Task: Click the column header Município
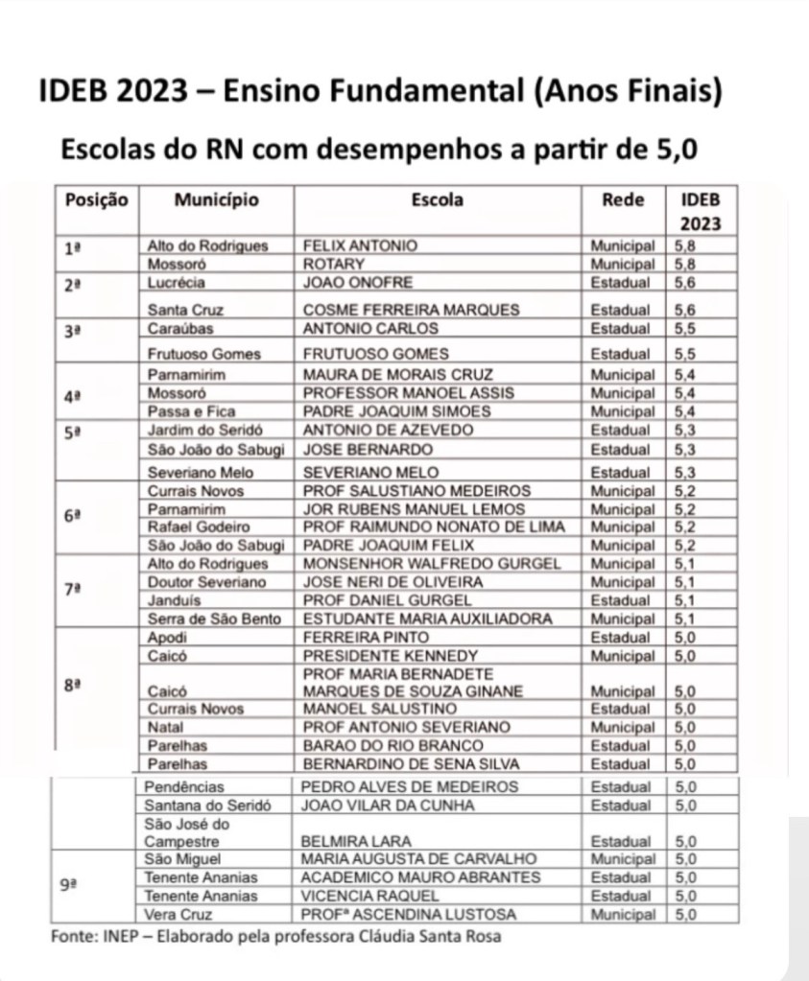coord(216,200)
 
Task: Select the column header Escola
coord(437,200)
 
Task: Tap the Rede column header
coord(623,200)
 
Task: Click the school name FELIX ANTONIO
coord(360,245)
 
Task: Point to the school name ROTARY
coord(334,264)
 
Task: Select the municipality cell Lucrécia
coord(177,283)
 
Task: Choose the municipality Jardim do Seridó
coord(205,430)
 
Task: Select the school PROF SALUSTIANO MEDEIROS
coord(416,491)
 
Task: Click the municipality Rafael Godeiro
coord(198,527)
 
